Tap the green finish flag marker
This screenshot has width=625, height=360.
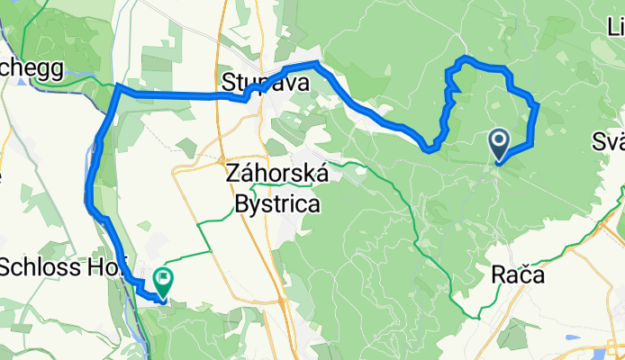(x=163, y=280)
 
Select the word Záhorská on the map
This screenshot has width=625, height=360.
(x=276, y=173)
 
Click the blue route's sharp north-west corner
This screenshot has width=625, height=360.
(x=119, y=87)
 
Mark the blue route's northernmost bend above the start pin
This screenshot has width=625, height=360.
(x=466, y=59)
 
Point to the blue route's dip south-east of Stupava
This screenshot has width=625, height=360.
(x=430, y=147)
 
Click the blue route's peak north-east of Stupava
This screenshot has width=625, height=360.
(x=316, y=63)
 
